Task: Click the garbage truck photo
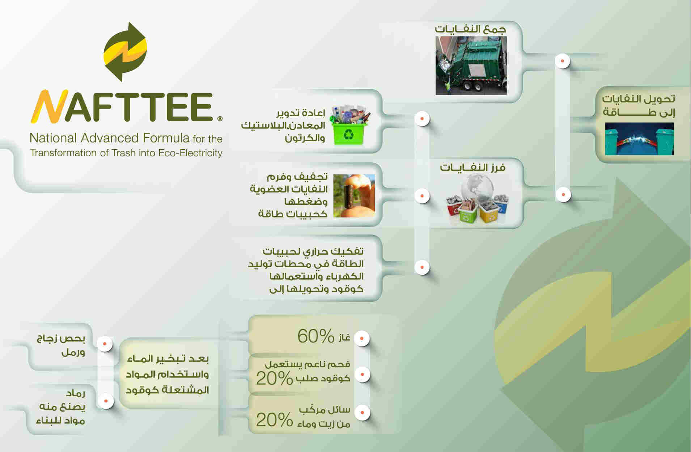(471, 66)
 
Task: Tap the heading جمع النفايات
(470, 29)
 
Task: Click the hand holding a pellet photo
(354, 196)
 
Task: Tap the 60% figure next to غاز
(316, 336)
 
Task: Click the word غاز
(344, 338)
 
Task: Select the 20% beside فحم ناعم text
(274, 379)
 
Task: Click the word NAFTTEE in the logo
(122, 107)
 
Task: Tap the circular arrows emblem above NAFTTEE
(125, 52)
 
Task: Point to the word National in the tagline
(53, 138)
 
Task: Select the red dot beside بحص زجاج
(105, 343)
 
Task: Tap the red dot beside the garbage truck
(563, 61)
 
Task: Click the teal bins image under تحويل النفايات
(639, 139)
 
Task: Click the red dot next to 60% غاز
(362, 339)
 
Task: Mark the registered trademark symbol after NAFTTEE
(220, 118)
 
